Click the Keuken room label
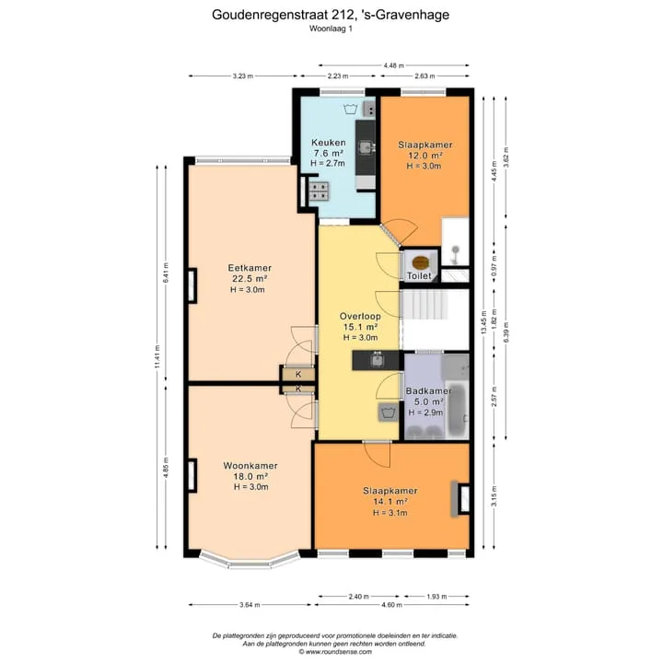pos(329,143)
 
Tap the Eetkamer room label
pos(250,268)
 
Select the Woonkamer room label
pos(250,466)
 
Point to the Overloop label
pos(360,316)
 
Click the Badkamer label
pos(428,391)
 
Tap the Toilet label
pos(419,276)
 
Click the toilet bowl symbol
pos(420,262)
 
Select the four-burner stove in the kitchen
pos(319,191)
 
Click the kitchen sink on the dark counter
pos(366,147)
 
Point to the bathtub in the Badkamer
pos(457,410)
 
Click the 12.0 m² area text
pos(425,156)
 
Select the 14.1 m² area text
pos(390,502)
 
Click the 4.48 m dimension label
pos(394,65)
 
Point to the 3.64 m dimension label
pos(250,605)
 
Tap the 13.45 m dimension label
pos(484,322)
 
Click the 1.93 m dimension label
pos(436,596)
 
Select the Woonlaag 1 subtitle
pos(331,29)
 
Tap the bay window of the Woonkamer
pos(250,562)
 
